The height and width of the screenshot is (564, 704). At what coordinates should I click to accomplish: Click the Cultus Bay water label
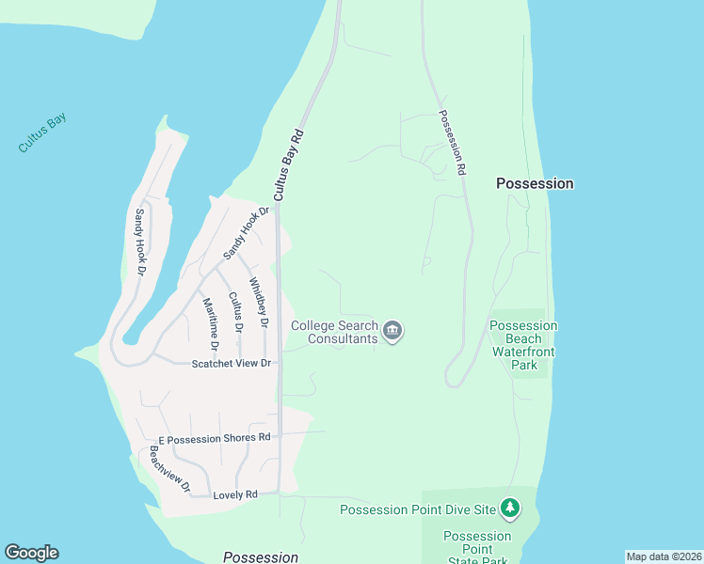pos(42,134)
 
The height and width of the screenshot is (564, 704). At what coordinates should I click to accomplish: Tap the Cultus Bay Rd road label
pos(289,164)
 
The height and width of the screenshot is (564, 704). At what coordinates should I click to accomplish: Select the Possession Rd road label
pos(453,144)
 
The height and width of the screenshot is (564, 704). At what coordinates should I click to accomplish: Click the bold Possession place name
pos(535,184)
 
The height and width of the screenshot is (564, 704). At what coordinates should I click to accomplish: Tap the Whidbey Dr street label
pos(259,303)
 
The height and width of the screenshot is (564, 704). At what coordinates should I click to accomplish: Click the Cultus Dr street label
pos(234,313)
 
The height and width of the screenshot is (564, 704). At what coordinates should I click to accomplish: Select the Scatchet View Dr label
pos(232,364)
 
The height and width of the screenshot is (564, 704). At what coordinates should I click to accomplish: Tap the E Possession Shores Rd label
pos(215,437)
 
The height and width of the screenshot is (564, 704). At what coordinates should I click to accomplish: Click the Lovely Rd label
pos(235,494)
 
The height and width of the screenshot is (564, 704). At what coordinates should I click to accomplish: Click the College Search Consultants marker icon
pos(393,331)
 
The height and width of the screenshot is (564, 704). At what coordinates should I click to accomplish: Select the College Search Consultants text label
pos(334,332)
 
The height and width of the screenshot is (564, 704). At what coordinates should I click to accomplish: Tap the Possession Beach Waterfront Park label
pos(523,345)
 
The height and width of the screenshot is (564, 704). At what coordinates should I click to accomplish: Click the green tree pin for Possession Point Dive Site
pos(509,509)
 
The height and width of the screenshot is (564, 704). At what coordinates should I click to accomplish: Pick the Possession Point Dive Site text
pos(417,510)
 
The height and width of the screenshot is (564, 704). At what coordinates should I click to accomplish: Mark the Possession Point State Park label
pos(477,548)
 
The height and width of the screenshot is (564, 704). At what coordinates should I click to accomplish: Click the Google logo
pos(31,553)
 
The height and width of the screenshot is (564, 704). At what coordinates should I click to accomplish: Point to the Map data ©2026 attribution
pos(664,556)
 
